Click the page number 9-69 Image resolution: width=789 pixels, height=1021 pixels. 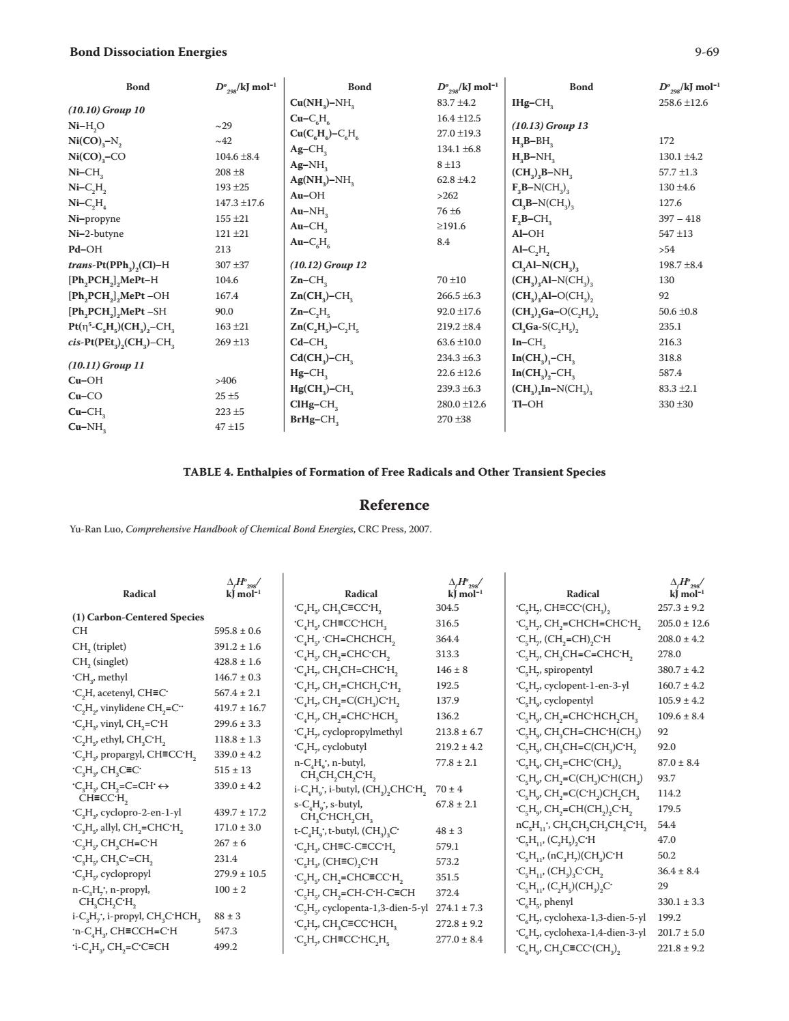pyautogui.click(x=707, y=52)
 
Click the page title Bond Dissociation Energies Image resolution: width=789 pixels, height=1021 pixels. pyautogui.click(x=148, y=52)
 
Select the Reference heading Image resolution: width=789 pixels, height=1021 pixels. pyautogui.click(x=394, y=505)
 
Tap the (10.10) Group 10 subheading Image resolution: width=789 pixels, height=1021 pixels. pyautogui.click(x=106, y=110)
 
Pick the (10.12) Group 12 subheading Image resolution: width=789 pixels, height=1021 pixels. pyautogui.click(x=328, y=265)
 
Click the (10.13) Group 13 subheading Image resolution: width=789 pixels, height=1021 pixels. pyautogui.click(x=549, y=126)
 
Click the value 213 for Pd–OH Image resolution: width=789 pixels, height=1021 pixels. pyautogui.click(x=223, y=249)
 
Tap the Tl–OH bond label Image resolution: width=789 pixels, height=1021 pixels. pyautogui.click(x=528, y=404)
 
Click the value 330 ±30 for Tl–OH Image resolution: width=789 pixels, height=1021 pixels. pyautogui.click(x=675, y=404)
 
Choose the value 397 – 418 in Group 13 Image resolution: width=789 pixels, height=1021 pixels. pyautogui.click(x=679, y=218)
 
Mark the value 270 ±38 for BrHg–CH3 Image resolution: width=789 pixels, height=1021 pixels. pyautogui.click(x=454, y=419)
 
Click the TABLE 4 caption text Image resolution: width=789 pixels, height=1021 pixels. pyautogui.click(x=394, y=472)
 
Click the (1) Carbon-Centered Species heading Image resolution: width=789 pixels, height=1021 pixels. pyautogui.click(x=138, y=617)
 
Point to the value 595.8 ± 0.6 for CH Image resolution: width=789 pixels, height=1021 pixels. pyautogui.click(x=237, y=631)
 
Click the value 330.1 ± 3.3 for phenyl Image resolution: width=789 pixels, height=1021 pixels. pyautogui.click(x=680, y=902)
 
